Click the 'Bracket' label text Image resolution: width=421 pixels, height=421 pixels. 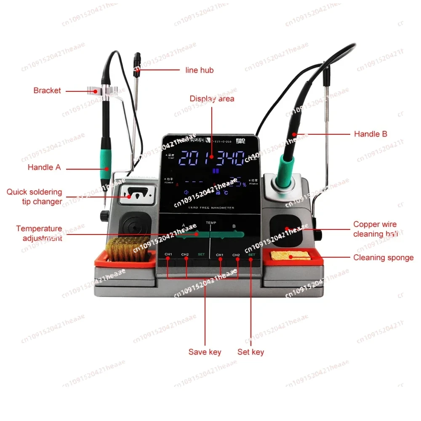coord(47,91)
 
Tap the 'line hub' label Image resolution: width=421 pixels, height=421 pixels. coord(200,70)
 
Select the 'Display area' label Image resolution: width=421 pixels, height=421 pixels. coord(212,99)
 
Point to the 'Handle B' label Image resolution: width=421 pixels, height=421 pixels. coord(370,134)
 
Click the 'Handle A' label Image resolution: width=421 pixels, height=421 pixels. coord(44,168)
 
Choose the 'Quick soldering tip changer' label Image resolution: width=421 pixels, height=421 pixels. coord(34,197)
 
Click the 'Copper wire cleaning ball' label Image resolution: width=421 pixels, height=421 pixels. coord(375,229)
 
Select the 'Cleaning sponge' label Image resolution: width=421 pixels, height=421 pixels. coord(383,258)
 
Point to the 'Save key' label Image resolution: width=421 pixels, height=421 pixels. coord(205,352)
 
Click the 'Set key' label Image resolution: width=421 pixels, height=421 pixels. coord(251,352)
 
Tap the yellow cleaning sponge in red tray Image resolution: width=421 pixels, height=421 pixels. coord(288,256)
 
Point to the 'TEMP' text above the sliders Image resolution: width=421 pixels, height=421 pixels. coord(210,222)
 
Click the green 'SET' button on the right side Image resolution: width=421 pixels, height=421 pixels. coord(252,255)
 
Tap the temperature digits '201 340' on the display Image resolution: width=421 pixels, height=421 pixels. coord(212,158)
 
